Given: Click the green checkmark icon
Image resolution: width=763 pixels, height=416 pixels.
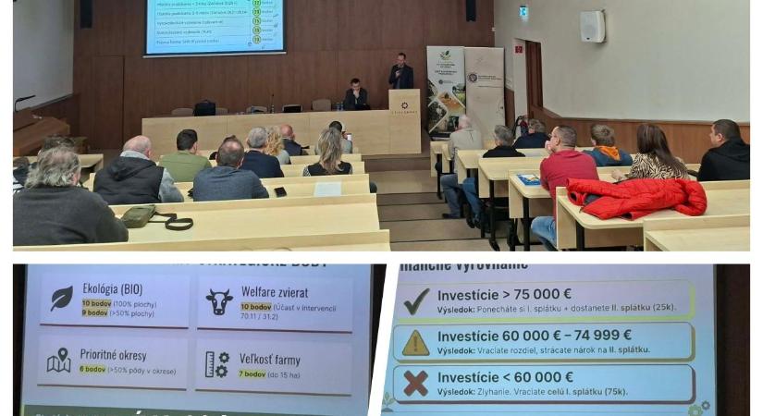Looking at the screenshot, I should [416, 300].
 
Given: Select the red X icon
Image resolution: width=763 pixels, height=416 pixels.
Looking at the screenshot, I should [416, 383].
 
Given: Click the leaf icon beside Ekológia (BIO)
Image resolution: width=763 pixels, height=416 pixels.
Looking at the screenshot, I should [61, 298].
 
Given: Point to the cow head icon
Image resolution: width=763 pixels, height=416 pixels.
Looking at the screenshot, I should [219, 301].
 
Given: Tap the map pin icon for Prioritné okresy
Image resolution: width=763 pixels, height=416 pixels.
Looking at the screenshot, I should [59, 361].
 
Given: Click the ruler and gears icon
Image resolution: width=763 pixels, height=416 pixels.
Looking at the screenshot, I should [217, 363].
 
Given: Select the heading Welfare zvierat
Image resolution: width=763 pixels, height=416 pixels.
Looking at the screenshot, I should [276, 292].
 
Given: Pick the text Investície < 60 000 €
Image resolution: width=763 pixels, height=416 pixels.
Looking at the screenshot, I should [505, 376].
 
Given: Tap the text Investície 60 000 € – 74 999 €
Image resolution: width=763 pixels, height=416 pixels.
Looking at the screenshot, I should [535, 335].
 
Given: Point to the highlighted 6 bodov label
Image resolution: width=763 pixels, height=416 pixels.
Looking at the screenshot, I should [92, 368].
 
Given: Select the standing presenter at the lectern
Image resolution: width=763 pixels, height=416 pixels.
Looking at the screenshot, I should [400, 72].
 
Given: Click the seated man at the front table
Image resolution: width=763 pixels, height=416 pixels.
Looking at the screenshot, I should [355, 95].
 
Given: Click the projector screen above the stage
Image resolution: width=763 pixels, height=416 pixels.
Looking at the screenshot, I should [215, 27].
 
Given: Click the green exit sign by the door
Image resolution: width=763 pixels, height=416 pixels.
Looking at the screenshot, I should [523, 11].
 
